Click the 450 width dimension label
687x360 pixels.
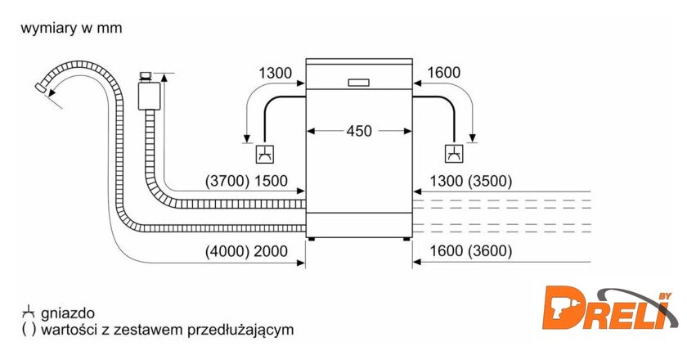click(x=359, y=130)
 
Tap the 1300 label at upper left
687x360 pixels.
click(x=275, y=74)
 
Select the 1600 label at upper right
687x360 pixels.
click(x=444, y=74)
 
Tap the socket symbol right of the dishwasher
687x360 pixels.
click(x=453, y=153)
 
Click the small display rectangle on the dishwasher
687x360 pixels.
click(x=358, y=82)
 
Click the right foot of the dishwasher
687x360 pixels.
click(x=406, y=240)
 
